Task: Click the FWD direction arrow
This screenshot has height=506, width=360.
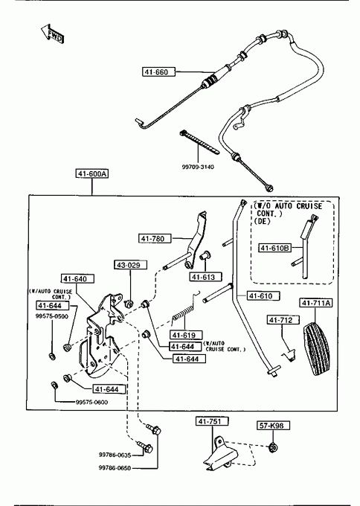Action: [52, 33]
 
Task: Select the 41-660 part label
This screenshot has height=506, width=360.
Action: [158, 71]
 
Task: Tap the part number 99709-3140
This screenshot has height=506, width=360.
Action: [198, 167]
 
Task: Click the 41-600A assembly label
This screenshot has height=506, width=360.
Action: [92, 173]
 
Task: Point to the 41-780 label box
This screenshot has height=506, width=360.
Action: [155, 238]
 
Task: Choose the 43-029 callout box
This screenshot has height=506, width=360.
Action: [130, 265]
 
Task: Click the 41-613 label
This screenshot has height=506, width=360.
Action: [206, 277]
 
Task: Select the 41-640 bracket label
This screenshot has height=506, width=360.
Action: [78, 279]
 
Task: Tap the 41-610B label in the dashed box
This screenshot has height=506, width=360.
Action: [275, 248]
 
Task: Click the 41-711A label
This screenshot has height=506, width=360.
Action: [316, 303]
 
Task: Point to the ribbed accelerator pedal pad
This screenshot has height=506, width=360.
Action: [318, 348]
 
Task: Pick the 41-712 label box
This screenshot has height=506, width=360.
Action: [283, 320]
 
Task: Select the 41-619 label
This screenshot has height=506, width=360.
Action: [186, 335]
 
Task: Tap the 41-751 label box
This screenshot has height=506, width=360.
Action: [212, 421]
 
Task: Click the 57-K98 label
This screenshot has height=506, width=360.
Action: [273, 426]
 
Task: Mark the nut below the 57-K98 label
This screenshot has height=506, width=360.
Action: [274, 448]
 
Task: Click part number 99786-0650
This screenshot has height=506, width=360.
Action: [115, 468]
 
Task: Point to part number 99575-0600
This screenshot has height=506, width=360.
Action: [92, 402]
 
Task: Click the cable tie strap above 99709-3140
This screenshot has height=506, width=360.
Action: [199, 142]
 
